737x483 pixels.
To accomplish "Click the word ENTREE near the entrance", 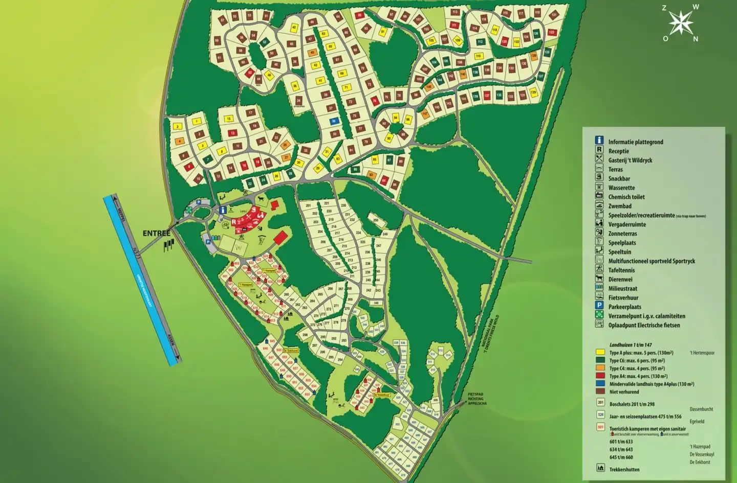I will (156, 234).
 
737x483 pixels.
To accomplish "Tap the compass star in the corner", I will (681, 22).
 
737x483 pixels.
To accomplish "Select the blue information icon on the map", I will (223, 210).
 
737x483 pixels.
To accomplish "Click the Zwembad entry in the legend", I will (619, 206).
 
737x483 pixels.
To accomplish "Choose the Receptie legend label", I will (618, 151).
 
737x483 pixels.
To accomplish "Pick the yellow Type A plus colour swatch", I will (600, 353).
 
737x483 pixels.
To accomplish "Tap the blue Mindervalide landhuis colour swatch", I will (600, 384).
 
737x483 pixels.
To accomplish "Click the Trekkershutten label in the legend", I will (624, 469).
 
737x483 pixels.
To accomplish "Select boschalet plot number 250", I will (376, 220).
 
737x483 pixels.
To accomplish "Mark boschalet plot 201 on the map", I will (308, 205).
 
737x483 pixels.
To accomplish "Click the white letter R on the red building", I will (234, 222).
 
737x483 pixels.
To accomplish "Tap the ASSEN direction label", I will (171, 340).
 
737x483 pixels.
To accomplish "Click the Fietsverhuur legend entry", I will (623, 297).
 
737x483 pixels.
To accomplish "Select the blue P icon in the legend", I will (599, 306).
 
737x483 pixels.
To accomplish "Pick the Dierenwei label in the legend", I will (620, 280).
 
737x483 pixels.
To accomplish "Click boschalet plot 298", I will (305, 335).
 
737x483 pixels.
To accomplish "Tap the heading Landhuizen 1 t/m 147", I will (631, 345).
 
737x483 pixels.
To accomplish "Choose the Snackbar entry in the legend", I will (619, 179).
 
